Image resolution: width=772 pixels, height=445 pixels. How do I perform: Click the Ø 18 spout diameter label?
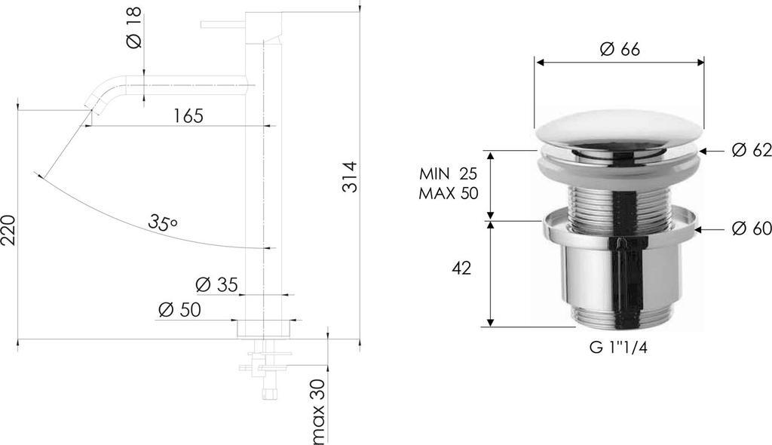point(134,27)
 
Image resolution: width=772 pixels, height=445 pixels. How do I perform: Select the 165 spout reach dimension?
point(188,116)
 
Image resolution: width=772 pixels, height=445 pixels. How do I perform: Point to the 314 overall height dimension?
point(350,176)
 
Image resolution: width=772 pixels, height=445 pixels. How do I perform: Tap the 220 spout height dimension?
point(8,229)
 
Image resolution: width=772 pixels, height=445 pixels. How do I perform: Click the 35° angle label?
point(163,222)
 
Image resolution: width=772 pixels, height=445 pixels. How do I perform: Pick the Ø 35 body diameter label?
point(216,284)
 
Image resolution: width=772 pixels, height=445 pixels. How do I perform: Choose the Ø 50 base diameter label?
point(179,310)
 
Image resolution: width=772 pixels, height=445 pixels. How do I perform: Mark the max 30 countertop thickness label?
point(319,410)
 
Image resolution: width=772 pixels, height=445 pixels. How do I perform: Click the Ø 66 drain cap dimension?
point(620,49)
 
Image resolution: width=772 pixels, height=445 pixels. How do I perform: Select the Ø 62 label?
point(752,150)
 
